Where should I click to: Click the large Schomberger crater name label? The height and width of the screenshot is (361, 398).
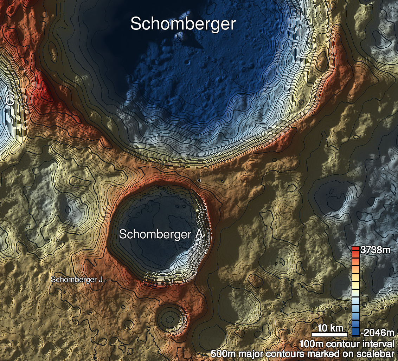pos(183,24)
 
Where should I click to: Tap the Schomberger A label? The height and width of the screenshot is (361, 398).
pos(161,234)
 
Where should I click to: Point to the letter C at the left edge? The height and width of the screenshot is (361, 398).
pos(10,101)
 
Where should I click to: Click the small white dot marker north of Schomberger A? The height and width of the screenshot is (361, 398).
pos(199,180)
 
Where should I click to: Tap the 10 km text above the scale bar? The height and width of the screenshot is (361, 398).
pos(330,328)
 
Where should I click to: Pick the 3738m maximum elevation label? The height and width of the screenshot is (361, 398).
pos(375,250)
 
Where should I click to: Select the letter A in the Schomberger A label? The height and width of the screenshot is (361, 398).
pos(198,234)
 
